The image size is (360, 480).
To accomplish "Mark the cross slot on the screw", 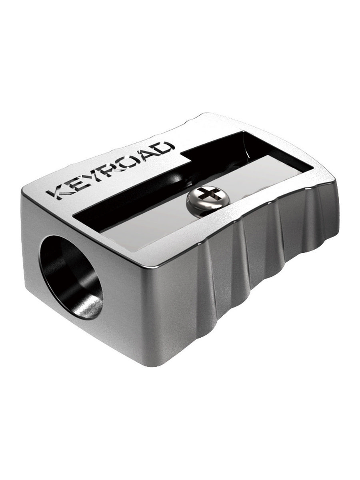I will pos(206,196).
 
